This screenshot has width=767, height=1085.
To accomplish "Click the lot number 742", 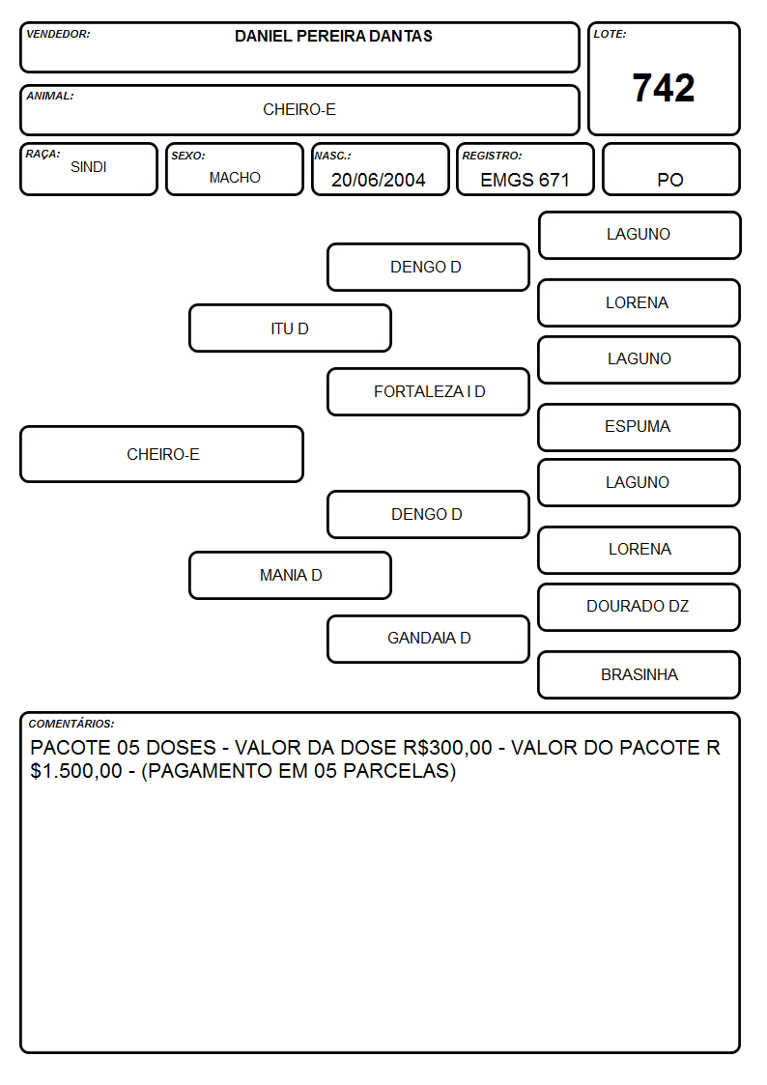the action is point(664,88).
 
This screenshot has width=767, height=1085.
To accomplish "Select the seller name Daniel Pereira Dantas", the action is point(333,36).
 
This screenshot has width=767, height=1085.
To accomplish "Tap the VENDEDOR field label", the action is point(58,34).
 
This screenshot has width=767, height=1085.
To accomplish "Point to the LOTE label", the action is point(610,34).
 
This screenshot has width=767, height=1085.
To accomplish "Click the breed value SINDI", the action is point(89,167).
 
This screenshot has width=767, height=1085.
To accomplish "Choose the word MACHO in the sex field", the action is point(235,178).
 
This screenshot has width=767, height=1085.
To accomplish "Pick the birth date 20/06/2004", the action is point(379,180).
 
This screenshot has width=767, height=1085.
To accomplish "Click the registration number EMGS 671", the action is point(525,180).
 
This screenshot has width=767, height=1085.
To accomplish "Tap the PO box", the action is point(670,169).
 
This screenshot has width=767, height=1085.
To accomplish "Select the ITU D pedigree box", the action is point(290,328).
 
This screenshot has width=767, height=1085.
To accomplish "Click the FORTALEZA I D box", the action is point(428,391).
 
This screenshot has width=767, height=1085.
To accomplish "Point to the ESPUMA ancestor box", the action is point(639,428).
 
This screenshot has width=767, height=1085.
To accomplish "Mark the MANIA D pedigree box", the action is point(290,575).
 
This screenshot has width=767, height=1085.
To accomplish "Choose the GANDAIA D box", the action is point(428,639).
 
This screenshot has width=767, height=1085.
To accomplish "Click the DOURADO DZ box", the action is point(639,607).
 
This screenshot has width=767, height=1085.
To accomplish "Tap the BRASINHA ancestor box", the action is point(639,674).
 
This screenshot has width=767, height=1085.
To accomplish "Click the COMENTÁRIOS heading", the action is point(71,724).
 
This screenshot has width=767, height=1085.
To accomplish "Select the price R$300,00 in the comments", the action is point(447,748).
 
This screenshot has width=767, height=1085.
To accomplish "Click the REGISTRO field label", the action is point(492,156).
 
